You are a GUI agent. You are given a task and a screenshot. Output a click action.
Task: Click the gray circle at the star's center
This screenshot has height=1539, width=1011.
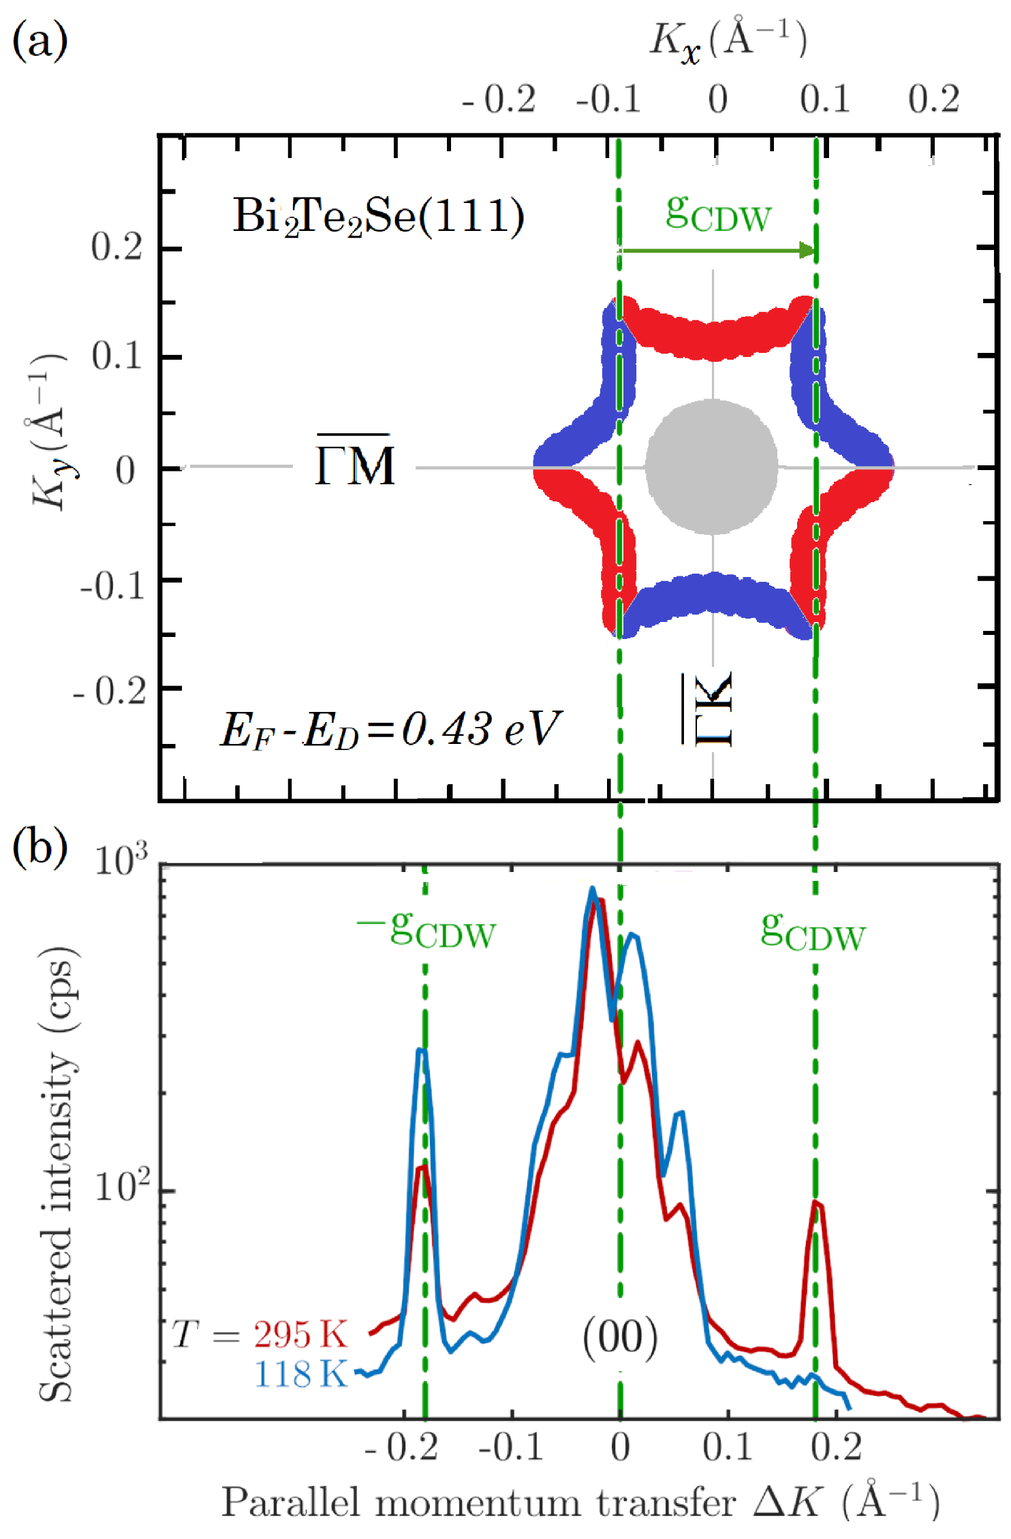(x=712, y=467)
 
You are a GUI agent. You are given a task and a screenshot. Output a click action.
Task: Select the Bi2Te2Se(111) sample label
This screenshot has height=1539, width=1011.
(x=379, y=217)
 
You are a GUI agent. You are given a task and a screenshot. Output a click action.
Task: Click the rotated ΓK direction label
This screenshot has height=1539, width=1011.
(x=709, y=709)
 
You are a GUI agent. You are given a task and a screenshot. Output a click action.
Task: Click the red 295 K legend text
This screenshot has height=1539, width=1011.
(x=300, y=1334)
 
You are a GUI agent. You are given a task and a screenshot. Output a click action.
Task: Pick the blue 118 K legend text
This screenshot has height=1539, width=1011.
(x=300, y=1373)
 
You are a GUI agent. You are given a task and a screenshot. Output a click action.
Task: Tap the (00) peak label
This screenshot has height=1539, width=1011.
(x=620, y=1337)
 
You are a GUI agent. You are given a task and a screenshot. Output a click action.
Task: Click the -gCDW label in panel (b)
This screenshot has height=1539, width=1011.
(x=426, y=931)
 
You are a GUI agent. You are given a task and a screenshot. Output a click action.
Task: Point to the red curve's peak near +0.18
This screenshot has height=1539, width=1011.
(x=817, y=1204)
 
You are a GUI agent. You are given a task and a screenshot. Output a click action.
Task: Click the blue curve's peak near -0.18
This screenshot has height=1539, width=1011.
(x=422, y=1051)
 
